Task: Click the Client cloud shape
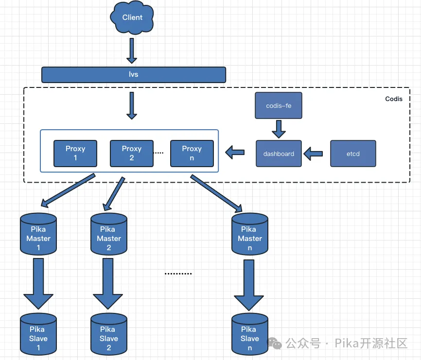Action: click(132, 18)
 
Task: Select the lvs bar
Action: click(134, 75)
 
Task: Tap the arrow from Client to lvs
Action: click(132, 51)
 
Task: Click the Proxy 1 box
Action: click(75, 154)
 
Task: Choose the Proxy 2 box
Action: click(131, 154)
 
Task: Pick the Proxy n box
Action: click(192, 154)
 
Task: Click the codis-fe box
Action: click(279, 105)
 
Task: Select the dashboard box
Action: click(279, 154)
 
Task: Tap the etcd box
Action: click(353, 154)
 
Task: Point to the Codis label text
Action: click(394, 99)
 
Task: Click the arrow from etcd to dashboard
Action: click(314, 154)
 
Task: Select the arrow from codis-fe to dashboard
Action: click(279, 129)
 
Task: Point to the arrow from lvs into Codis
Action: click(132, 105)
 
